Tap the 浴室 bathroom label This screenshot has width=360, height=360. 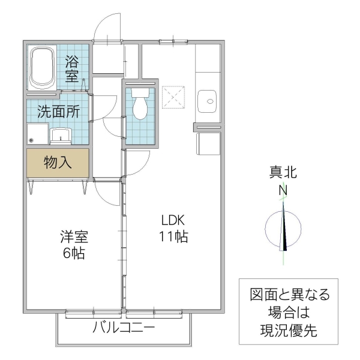[72, 68]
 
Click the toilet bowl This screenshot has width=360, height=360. [140, 105]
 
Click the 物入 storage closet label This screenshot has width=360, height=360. [58, 162]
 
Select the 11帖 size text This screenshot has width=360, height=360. [173, 236]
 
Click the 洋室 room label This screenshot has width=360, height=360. [74, 236]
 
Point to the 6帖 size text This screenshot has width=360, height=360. [74, 253]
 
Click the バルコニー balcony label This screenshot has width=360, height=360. [124, 328]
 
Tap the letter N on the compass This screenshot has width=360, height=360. [282, 191]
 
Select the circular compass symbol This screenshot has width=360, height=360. [283, 228]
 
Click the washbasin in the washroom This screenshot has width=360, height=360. [61, 135]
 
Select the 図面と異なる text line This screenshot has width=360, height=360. [290, 295]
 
